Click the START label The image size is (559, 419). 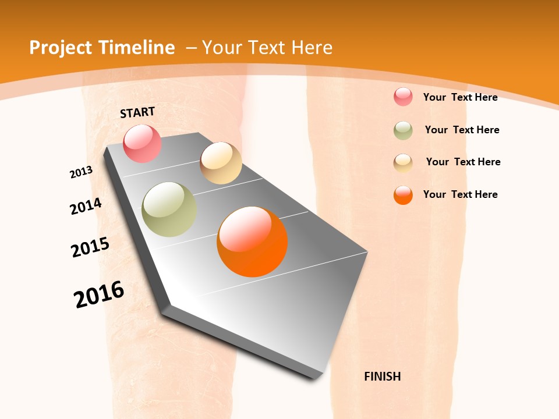point(137,112)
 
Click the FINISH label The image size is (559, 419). point(382,377)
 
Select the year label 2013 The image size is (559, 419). point(82,172)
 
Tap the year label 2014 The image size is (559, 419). point(86,206)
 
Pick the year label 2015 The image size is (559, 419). point(90,247)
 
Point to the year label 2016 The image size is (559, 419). point(99,294)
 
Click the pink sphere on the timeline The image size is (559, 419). point(142,143)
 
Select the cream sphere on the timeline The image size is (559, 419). point(221,163)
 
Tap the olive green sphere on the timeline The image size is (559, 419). point(169,209)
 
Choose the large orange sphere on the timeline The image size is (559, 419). point(252,242)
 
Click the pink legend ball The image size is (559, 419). point(403,97)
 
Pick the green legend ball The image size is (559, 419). point(403,130)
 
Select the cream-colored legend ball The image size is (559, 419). point(403,163)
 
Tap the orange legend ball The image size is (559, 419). point(403,195)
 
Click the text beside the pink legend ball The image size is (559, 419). point(460,97)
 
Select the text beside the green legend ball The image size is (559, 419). point(462,130)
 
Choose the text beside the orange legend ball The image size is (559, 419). point(460,194)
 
